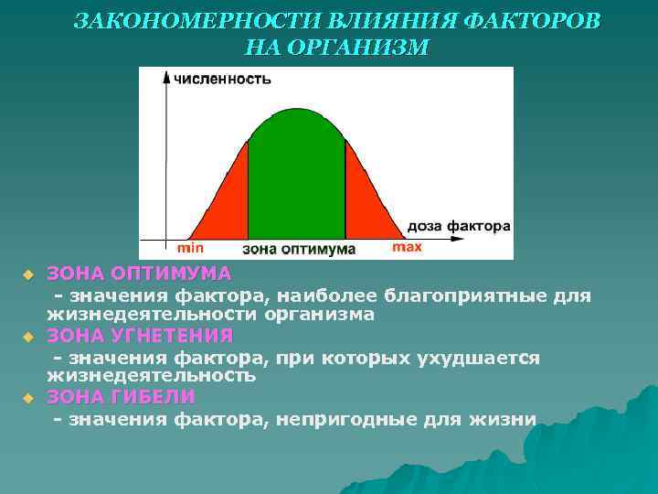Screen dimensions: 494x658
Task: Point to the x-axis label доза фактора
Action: pyautogui.click(x=458, y=225)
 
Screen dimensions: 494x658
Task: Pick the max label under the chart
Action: pyautogui.click(x=407, y=247)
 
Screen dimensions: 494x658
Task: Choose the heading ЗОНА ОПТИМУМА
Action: pyautogui.click(x=139, y=274)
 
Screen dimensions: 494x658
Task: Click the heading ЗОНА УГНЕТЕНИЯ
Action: pyautogui.click(x=140, y=335)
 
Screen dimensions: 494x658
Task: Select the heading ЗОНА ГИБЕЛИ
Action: pyautogui.click(x=121, y=396)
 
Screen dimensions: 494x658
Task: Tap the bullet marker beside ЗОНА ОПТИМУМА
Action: pyautogui.click(x=27, y=274)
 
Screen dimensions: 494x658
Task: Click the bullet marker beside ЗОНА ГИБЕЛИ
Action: pyautogui.click(x=27, y=398)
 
